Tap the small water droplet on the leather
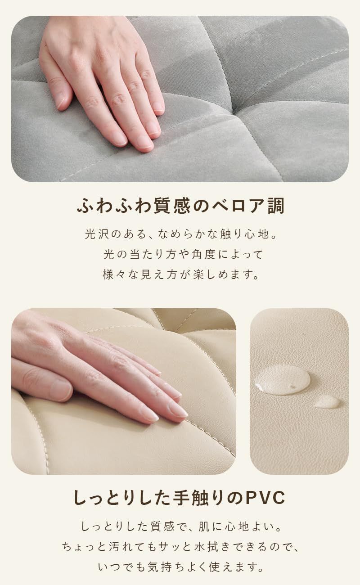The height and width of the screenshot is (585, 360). pyautogui.click(x=327, y=401)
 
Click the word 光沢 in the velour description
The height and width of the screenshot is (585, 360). pyautogui.click(x=97, y=234)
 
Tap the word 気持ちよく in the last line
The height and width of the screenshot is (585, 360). pyautogui.click(x=172, y=567)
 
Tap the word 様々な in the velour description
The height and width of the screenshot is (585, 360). pyautogui.click(x=119, y=274)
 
